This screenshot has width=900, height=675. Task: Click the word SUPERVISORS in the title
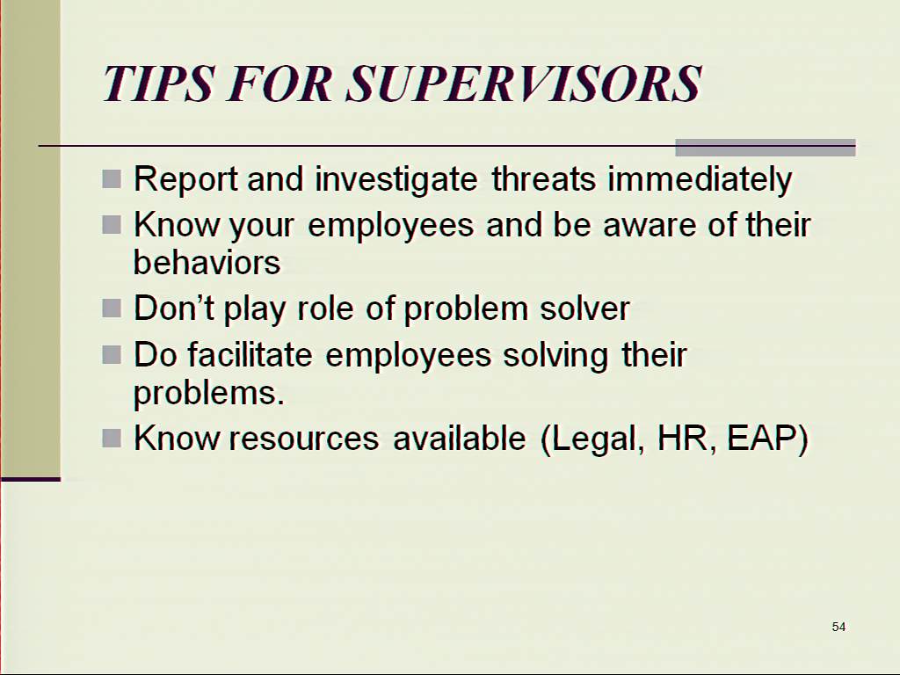click(524, 83)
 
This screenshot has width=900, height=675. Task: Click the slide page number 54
click(838, 627)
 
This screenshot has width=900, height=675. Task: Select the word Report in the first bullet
click(185, 179)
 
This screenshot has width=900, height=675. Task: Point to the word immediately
click(700, 179)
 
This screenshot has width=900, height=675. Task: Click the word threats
click(543, 178)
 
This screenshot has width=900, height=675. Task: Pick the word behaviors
click(207, 262)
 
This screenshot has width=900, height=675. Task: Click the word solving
click(555, 356)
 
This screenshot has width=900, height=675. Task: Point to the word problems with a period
click(209, 394)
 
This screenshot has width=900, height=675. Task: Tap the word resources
click(303, 439)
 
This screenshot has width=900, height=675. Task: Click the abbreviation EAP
click(767, 439)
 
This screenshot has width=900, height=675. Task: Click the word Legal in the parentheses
click(592, 439)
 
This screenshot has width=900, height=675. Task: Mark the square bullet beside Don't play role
click(112, 308)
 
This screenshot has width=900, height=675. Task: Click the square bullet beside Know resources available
click(112, 439)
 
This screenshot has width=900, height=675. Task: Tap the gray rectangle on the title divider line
click(766, 148)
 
